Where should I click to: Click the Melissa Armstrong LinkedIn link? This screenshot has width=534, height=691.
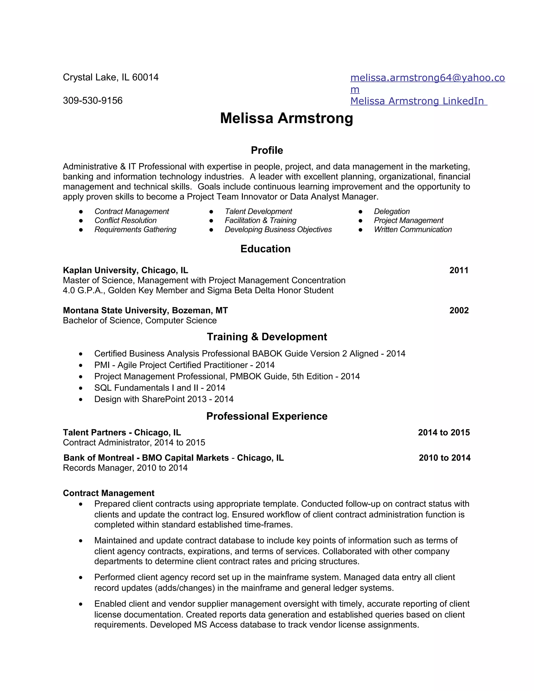[x=418, y=101]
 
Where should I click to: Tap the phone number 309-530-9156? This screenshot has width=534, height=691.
[x=93, y=101]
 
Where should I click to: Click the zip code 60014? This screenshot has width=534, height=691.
[x=145, y=77]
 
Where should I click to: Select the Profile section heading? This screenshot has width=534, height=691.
[x=267, y=150]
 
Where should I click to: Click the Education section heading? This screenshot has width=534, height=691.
[x=265, y=249]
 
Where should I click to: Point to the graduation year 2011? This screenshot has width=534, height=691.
[x=459, y=270]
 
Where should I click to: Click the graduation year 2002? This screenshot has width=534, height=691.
[x=459, y=310]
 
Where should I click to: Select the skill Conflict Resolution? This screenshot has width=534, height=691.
[x=126, y=221]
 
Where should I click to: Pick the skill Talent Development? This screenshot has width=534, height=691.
[x=258, y=211]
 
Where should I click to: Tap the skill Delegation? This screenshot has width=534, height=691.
[x=392, y=211]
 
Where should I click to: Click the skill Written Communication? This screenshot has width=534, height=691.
[x=413, y=230]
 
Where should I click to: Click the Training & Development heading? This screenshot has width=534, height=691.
[x=267, y=337]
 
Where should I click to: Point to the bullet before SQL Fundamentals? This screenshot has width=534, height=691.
[x=81, y=388]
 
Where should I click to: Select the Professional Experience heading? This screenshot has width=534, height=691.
[x=267, y=416]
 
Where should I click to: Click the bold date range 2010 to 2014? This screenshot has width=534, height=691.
[x=445, y=458]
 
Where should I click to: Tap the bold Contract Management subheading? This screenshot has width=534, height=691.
[x=108, y=493]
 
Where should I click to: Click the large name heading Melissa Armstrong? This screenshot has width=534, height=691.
[x=286, y=118]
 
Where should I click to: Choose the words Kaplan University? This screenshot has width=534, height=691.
[x=100, y=270]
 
